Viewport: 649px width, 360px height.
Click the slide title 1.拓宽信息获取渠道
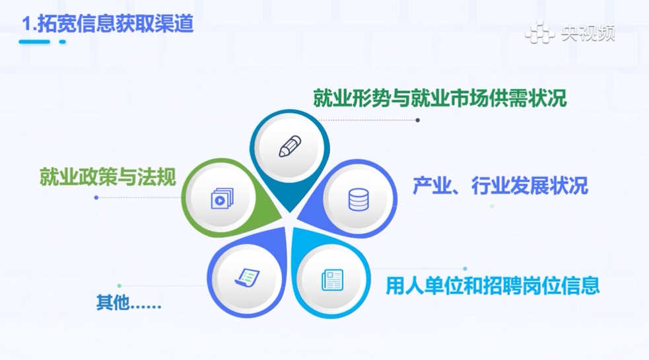click(x=108, y=23)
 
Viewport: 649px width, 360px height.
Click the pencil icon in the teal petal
click(x=290, y=147)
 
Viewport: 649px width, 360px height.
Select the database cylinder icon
click(x=359, y=199)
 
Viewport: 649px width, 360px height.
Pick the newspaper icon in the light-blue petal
click(x=332, y=280)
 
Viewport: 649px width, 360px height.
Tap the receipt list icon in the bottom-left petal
click(x=247, y=277)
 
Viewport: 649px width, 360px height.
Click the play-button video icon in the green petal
click(x=222, y=198)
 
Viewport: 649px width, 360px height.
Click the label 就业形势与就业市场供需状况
click(x=440, y=98)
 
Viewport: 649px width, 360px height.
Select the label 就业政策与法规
click(x=108, y=177)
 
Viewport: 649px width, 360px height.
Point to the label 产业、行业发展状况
click(x=500, y=186)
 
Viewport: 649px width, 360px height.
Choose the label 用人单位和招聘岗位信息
click(x=493, y=285)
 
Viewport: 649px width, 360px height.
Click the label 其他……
click(x=129, y=303)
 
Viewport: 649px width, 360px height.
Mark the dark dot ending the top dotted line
click(x=418, y=120)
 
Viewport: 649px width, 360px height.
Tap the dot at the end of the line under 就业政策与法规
click(x=96, y=198)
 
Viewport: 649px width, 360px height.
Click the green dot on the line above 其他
click(x=120, y=286)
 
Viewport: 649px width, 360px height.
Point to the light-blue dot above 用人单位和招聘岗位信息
click(x=465, y=269)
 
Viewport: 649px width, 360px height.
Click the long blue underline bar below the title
click(x=34, y=42)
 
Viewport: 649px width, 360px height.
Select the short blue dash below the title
click(x=63, y=42)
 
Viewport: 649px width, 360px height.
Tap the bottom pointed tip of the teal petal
click(x=290, y=211)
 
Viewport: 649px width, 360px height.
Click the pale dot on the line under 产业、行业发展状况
click(x=492, y=206)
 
